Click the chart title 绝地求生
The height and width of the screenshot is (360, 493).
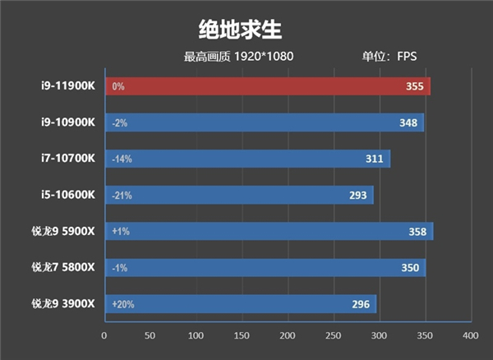240,30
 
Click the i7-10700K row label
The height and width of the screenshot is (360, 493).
69,159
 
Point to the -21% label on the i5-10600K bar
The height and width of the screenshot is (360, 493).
122,196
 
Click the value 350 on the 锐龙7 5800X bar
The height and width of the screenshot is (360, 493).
408,268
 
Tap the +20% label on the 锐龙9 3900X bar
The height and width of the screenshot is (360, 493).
124,304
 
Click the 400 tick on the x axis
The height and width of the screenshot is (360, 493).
470,336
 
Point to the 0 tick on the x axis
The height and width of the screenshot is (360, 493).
104,336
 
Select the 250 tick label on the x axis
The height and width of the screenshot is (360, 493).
333,336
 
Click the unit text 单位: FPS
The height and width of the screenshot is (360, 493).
390,58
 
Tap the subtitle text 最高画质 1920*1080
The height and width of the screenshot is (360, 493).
238,58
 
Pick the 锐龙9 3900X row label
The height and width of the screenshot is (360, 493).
63,304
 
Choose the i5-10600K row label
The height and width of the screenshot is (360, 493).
69,195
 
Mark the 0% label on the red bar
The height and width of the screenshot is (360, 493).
118,86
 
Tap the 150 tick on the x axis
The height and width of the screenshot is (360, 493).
242,336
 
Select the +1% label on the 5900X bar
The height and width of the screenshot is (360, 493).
121,232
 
